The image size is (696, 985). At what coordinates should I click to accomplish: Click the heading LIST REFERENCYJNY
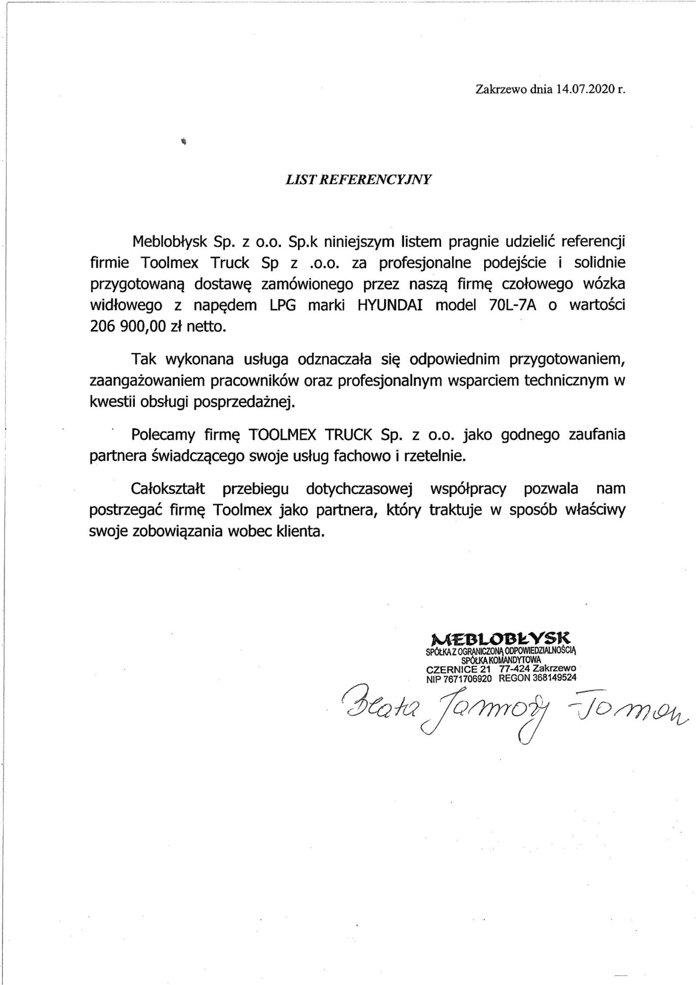tap(358, 179)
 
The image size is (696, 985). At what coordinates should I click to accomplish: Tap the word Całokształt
tap(168, 488)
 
